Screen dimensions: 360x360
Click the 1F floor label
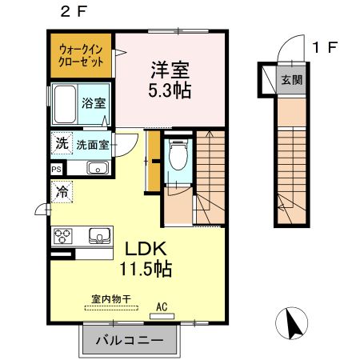click(x=325, y=47)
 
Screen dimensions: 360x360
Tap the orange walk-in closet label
click(x=82, y=55)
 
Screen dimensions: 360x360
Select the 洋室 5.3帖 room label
click(x=170, y=78)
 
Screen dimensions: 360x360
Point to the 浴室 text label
click(x=94, y=104)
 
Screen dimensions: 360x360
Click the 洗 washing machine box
click(x=61, y=144)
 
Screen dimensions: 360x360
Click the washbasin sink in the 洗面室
click(x=98, y=168)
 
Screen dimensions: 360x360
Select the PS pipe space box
click(x=56, y=170)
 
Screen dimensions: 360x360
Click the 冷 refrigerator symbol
click(x=61, y=192)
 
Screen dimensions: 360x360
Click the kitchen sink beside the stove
click(x=99, y=235)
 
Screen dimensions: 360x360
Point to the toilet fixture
click(x=178, y=157)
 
